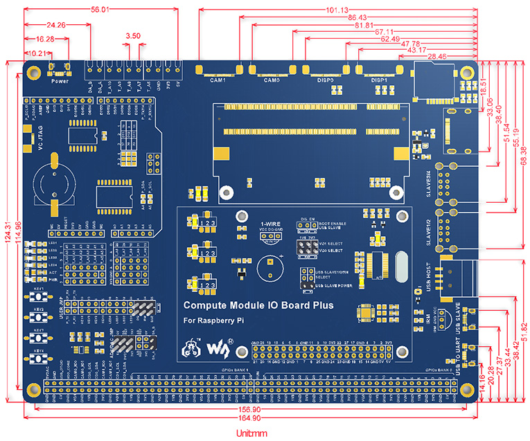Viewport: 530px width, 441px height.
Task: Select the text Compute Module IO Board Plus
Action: coord(258,305)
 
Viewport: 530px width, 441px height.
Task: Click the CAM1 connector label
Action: coord(218,80)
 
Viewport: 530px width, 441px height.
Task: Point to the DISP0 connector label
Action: coord(325,80)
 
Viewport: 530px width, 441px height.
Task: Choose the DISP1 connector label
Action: coord(379,80)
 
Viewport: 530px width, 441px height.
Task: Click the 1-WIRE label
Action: coord(270,224)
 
